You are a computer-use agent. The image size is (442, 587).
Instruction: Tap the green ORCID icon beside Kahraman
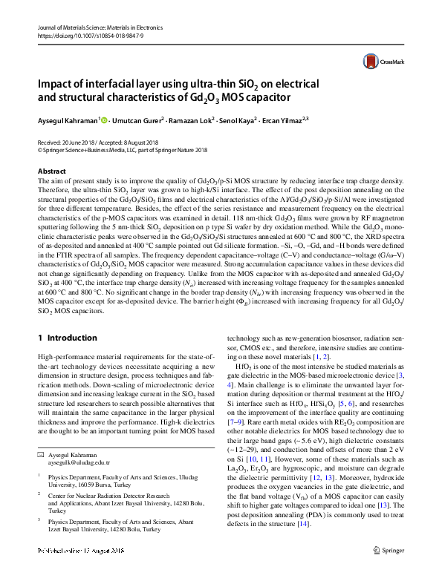[x=104, y=119]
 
